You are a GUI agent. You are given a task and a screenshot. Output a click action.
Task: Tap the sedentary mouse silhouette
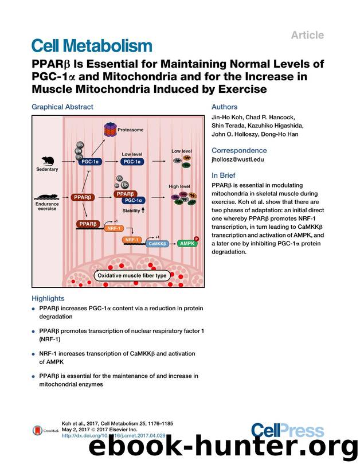[x=46, y=161]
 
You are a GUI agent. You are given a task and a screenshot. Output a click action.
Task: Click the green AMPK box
[x=186, y=243]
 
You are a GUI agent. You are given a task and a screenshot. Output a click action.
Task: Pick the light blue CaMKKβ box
[x=159, y=244]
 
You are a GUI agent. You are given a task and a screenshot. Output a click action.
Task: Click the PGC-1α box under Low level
[x=132, y=162]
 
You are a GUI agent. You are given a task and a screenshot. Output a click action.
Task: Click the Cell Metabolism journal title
[x=92, y=46]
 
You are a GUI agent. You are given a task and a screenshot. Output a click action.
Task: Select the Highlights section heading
[x=48, y=298]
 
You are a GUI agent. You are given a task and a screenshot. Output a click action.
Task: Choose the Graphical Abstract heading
[x=62, y=107]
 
